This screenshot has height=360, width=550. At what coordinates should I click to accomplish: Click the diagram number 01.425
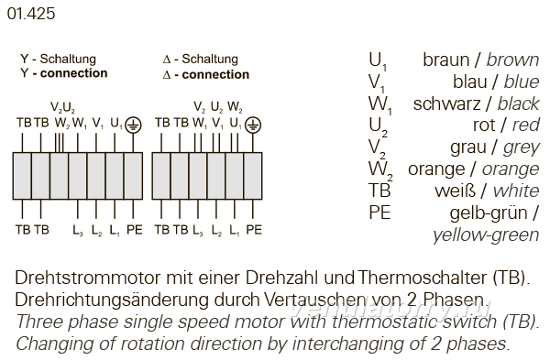pos(31,14)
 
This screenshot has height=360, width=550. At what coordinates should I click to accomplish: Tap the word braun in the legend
pos(445,60)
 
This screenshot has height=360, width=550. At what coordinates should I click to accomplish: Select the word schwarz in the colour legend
pos(446,104)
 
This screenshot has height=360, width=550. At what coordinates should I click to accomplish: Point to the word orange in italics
pos(511,169)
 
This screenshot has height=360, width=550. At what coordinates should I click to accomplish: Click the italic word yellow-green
pos(486,235)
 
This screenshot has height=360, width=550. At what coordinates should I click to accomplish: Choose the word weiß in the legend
pos(455,191)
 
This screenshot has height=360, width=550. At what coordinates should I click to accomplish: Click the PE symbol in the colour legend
pos(379,213)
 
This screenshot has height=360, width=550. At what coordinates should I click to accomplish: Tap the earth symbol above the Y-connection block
pos(133,125)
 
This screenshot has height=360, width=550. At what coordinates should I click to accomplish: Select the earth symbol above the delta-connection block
pos(253,125)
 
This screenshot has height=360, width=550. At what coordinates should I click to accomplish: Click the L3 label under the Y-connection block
pos(78,230)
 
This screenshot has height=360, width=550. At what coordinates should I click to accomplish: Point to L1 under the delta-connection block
pos(234,230)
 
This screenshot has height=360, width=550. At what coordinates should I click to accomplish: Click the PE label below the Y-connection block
pos(135,230)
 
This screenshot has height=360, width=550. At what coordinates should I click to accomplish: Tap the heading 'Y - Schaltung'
pos(58,59)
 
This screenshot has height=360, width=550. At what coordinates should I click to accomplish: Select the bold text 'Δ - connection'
pos(206,74)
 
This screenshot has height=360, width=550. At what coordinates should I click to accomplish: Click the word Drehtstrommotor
pos(88,278)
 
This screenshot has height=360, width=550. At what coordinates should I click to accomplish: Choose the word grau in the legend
pos(467,147)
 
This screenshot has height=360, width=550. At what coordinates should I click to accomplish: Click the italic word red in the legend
pos(525,125)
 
